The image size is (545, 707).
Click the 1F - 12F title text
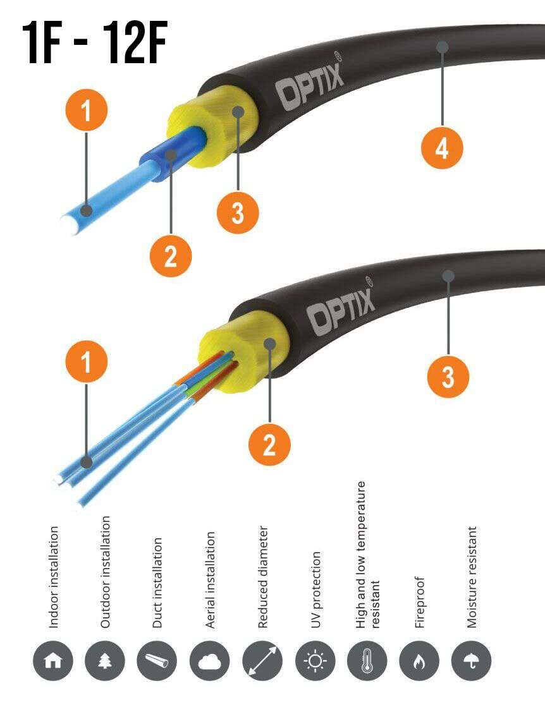(x=95, y=43)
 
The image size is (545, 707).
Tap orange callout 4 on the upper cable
(x=442, y=147)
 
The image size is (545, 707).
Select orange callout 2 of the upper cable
(x=171, y=256)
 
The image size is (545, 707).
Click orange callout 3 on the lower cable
(x=448, y=377)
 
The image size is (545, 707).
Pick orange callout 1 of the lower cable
(x=86, y=361)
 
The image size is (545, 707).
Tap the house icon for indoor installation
(x=52, y=660)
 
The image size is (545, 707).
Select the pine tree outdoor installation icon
(x=105, y=660)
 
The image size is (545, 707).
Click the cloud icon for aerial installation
(x=210, y=660)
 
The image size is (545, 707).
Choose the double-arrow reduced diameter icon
(x=262, y=660)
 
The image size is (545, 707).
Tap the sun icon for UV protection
(x=315, y=660)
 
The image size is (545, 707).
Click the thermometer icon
(x=367, y=660)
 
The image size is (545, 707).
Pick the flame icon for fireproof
(x=420, y=660)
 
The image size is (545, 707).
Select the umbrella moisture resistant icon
(x=472, y=660)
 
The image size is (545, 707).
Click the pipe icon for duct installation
(x=157, y=660)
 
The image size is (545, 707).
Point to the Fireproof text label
(x=420, y=602)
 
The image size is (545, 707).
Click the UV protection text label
(x=316, y=589)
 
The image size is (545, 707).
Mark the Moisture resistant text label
(x=472, y=577)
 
